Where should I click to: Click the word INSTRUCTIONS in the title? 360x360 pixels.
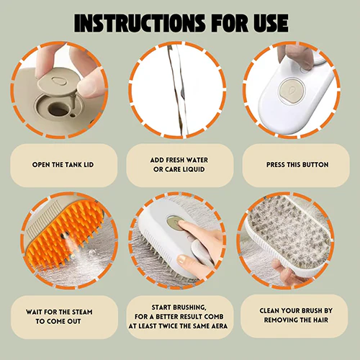pyautogui.click(x=140, y=23)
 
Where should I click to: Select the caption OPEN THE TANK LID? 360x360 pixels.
pyautogui.click(x=63, y=165)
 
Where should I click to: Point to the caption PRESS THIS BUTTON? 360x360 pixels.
pyautogui.click(x=297, y=165)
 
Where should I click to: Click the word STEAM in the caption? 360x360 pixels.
pyautogui.click(x=82, y=312)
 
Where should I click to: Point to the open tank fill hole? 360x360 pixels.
pyautogui.click(x=57, y=109)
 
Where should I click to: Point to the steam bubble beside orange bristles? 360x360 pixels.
pyautogui.click(x=91, y=253)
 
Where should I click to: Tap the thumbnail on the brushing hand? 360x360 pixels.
pyautogui.click(x=182, y=258)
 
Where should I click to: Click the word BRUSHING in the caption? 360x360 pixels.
pyautogui.click(x=189, y=307)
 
